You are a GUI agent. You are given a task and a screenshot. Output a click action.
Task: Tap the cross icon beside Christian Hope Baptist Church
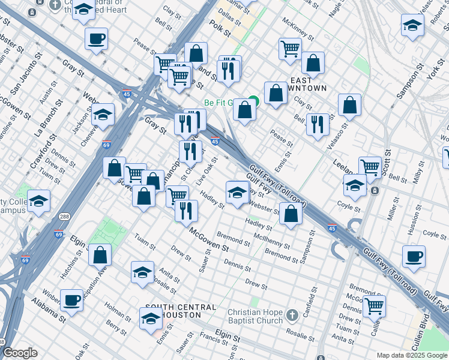(292, 314)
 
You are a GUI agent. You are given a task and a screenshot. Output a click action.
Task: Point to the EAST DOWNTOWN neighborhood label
(308, 84)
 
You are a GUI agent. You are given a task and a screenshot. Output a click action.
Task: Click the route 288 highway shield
(63, 216)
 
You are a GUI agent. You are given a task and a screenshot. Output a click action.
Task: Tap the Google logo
(20, 353)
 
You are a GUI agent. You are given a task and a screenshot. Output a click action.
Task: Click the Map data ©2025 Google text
(412, 355)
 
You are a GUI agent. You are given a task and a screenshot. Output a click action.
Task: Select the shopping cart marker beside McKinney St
(290, 47)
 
